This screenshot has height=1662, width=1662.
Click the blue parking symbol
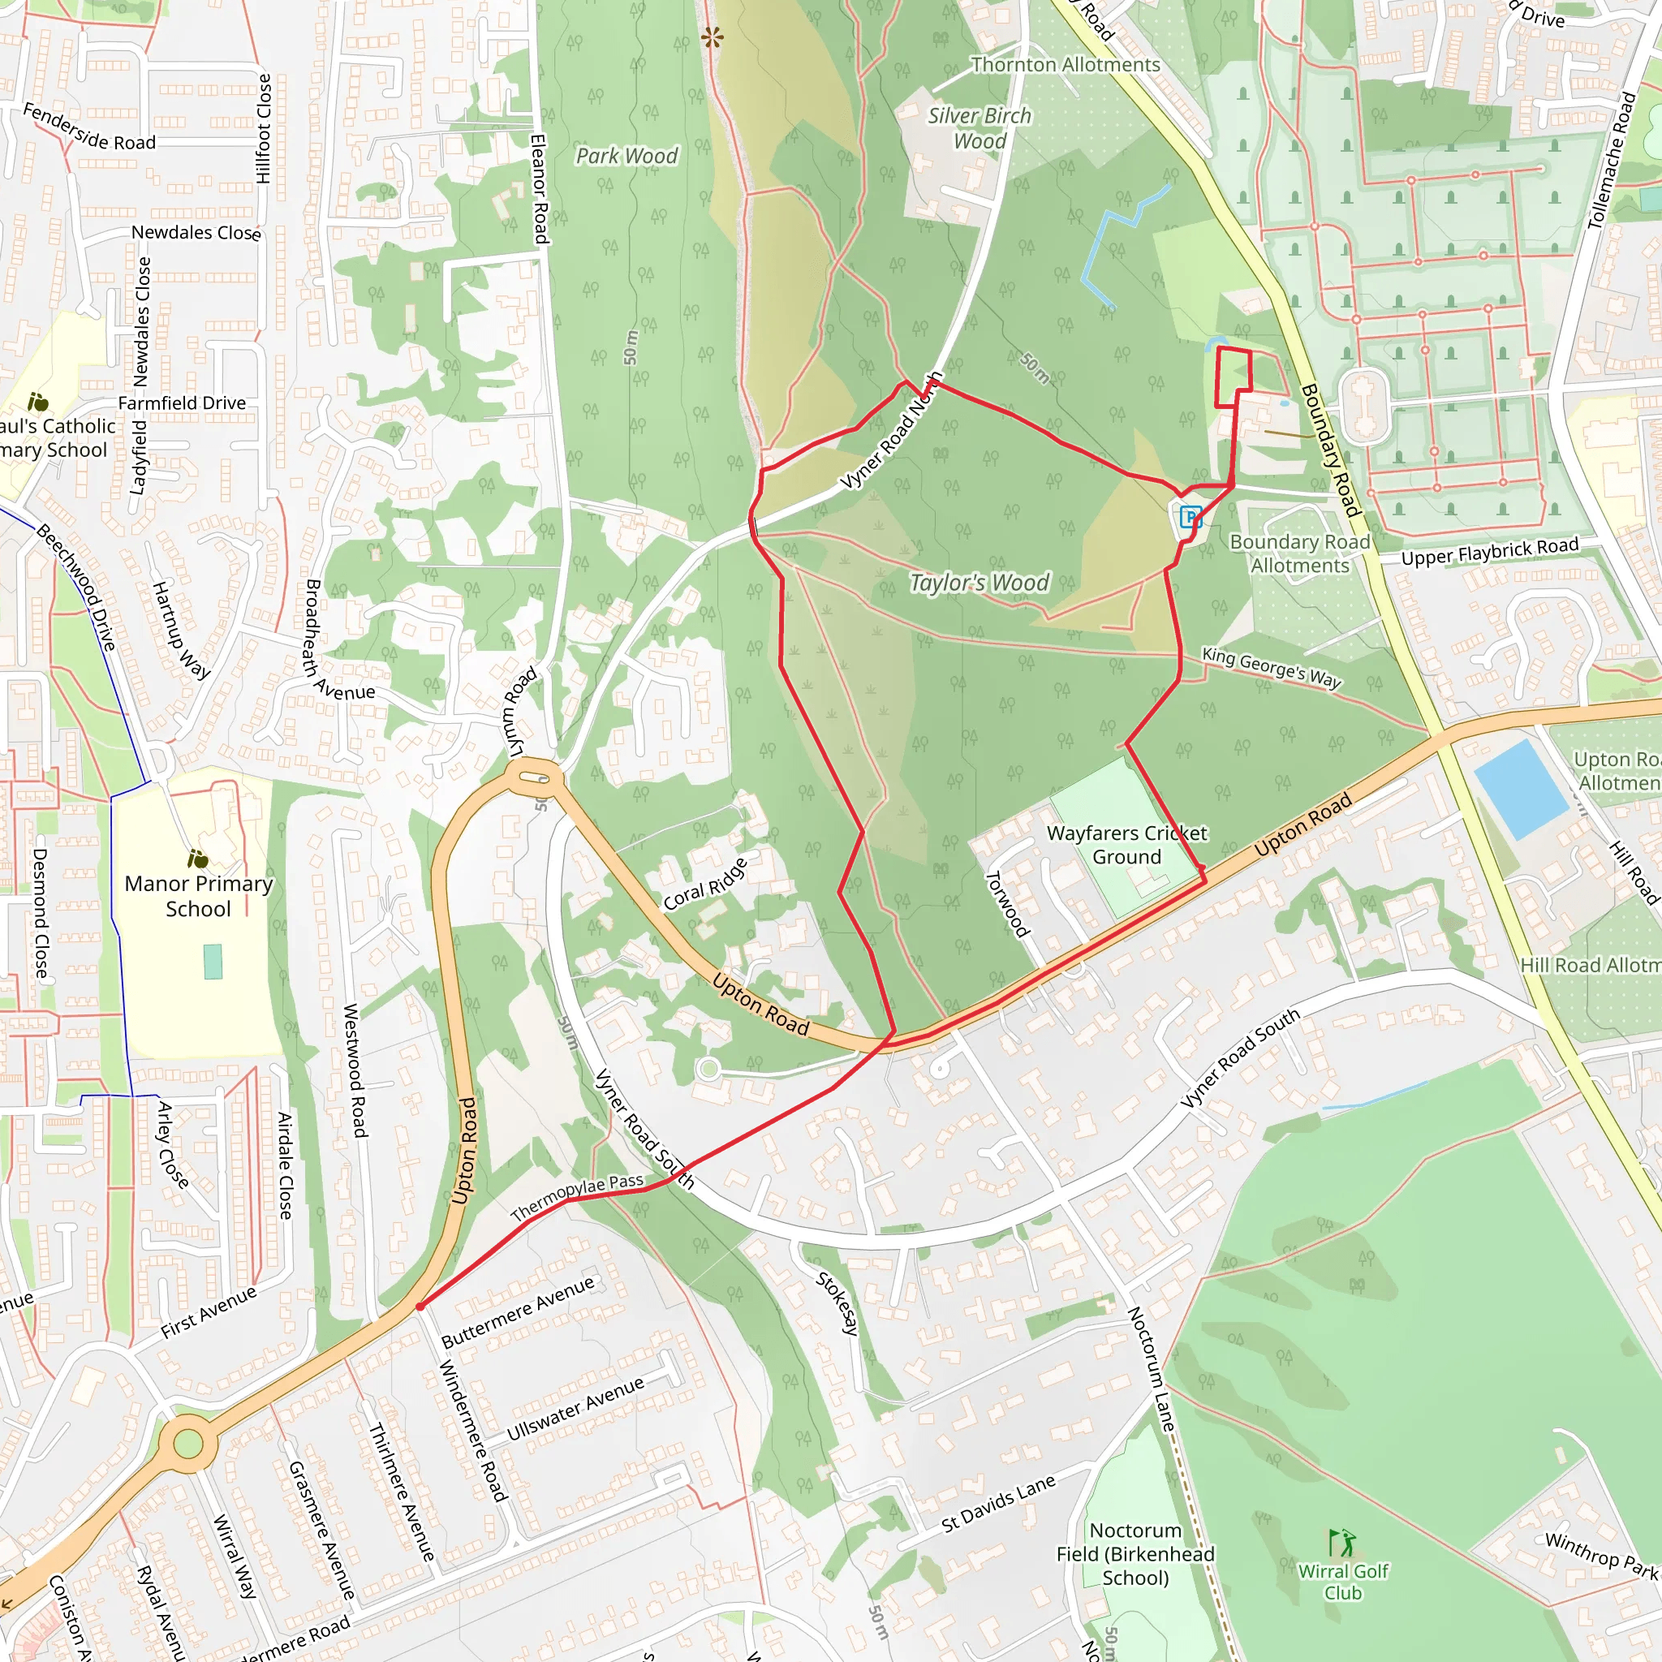point(1191,517)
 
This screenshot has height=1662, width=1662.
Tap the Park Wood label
point(626,156)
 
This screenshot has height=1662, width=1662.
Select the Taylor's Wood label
point(979,583)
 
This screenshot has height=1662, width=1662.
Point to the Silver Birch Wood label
point(979,128)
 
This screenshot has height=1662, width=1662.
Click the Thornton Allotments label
point(1065,65)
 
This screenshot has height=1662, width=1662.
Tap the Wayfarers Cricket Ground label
point(1126,844)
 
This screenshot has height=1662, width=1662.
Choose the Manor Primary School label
point(198,896)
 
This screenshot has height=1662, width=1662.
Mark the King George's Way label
point(1272,667)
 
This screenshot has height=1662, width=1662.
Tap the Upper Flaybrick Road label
point(1490,550)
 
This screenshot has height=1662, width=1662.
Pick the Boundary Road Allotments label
point(1300,553)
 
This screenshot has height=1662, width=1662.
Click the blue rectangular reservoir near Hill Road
point(1520,788)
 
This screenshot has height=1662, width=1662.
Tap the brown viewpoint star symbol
point(713,37)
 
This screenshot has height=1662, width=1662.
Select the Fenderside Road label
point(88,127)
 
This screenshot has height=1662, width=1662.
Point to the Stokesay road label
point(837,1302)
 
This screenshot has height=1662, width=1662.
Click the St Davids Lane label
point(998,1505)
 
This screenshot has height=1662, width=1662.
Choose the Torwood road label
point(1006,903)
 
